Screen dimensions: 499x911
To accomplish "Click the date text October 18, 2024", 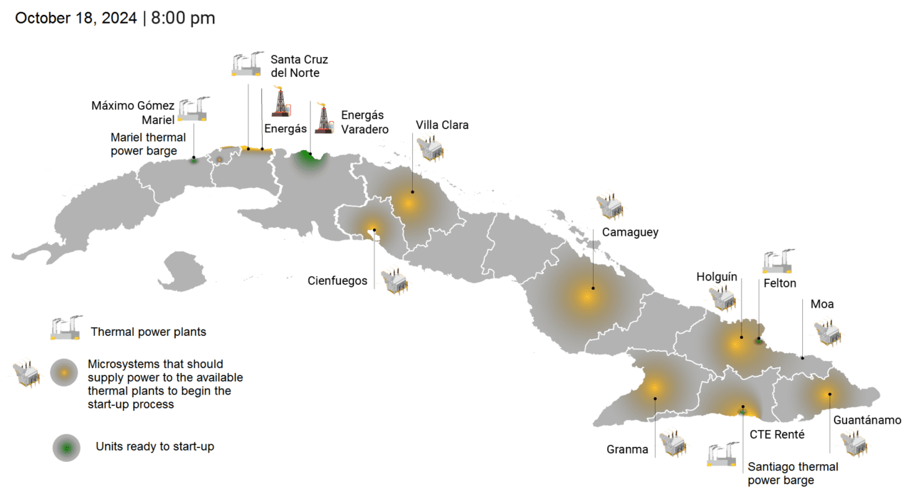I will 76,19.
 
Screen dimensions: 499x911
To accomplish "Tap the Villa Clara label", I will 442,125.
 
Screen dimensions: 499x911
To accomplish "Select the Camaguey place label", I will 630,232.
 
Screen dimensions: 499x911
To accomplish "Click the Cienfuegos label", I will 337,280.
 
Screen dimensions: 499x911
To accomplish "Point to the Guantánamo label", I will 868,420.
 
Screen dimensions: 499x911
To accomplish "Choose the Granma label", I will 627,449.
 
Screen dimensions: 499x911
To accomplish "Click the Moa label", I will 822,304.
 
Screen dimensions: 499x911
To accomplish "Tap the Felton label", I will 779,283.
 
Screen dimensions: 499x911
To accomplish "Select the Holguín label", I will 717,277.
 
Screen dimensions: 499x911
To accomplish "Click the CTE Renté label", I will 777,434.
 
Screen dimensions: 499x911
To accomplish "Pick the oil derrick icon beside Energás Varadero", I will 325,118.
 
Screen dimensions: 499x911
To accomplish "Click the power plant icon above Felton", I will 777,261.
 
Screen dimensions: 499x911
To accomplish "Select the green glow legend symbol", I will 66,448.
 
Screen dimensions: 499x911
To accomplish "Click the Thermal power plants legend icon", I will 66,327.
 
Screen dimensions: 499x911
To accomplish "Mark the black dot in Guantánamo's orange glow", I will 829,394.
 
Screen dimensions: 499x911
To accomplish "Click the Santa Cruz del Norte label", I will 299,66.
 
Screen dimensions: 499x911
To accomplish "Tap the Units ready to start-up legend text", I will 154,447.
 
